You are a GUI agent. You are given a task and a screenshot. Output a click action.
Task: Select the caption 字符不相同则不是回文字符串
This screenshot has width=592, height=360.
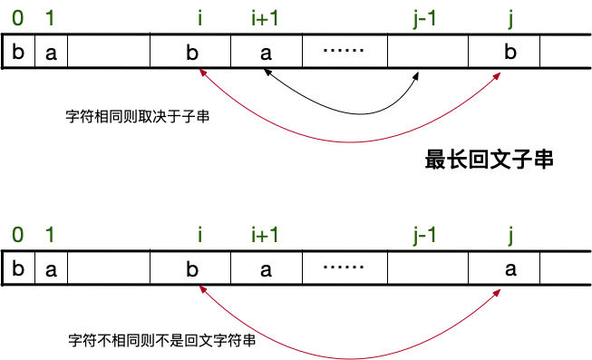pos(160,342)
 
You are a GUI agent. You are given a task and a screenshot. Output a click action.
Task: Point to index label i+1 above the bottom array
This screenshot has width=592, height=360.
pos(265,235)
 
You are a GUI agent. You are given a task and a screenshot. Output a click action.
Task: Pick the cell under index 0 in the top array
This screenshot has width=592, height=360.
pos(19,52)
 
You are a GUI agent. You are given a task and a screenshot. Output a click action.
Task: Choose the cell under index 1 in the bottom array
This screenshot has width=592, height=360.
pos(51,269)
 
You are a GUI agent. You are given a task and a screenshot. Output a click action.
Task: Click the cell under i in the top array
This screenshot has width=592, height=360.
pos(191,52)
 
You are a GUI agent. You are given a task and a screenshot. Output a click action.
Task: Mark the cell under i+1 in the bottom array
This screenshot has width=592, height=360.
pos(266,269)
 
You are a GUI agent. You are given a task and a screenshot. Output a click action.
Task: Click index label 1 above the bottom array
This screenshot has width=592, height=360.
pos(50,235)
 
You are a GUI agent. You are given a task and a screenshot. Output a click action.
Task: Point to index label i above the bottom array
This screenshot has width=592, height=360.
pos(199,235)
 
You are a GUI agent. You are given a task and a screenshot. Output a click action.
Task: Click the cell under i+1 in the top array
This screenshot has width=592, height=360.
pos(266,52)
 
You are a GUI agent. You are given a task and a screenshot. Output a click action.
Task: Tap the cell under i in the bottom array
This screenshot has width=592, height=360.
pos(191,269)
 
